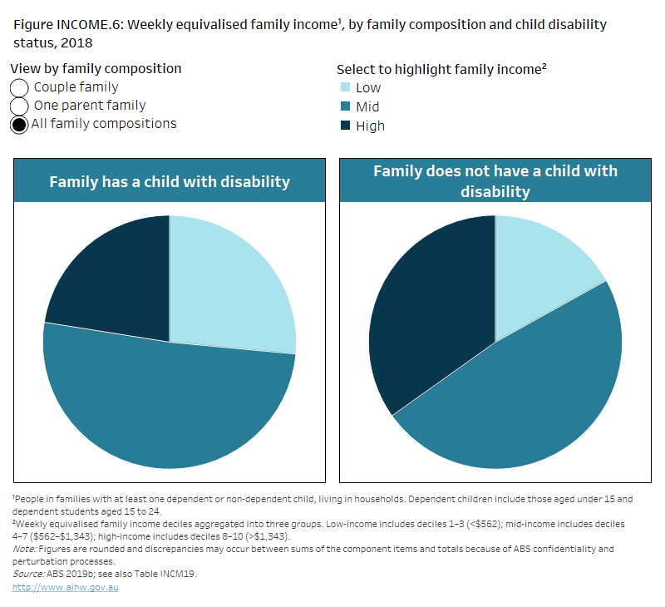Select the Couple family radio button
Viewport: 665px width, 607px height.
pos(19,88)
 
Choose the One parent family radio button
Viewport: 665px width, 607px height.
pos(19,106)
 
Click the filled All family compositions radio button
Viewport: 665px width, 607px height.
pos(19,125)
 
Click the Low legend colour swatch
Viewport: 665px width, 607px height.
pos(344,87)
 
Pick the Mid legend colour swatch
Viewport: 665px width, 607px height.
pos(344,106)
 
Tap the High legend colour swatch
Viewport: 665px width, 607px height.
pos(344,126)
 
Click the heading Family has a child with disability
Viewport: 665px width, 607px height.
pos(170,181)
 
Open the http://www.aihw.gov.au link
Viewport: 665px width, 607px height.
pos(66,587)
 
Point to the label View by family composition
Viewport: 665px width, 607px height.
pos(96,69)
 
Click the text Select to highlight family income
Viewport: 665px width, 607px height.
pos(441,70)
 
